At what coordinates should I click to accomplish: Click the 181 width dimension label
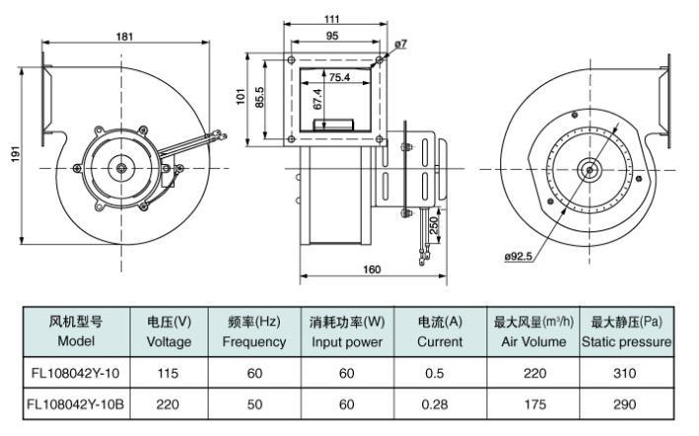(x=126, y=38)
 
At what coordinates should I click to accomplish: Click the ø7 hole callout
(x=400, y=44)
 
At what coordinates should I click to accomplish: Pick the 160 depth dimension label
(x=371, y=268)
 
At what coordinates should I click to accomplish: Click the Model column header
(x=76, y=331)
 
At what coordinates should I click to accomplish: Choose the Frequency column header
(x=254, y=331)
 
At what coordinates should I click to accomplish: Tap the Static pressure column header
(x=627, y=331)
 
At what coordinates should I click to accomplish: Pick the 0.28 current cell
(x=439, y=404)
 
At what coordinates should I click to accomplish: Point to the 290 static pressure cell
(x=626, y=404)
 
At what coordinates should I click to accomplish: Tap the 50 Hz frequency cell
(x=254, y=404)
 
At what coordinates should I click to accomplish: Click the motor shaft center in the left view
(x=121, y=169)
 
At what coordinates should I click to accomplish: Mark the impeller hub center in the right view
(x=589, y=169)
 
